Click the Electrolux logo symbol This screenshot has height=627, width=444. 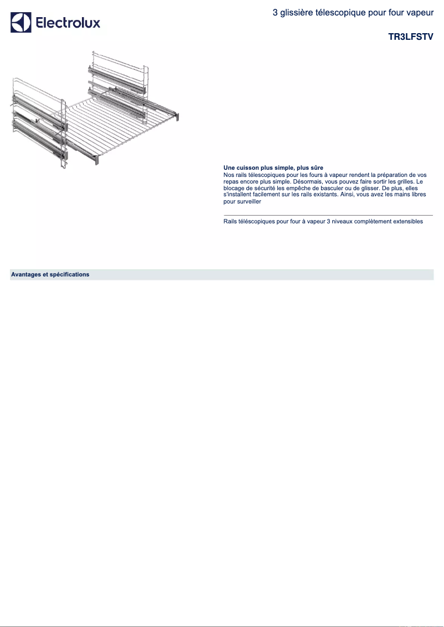point(20,23)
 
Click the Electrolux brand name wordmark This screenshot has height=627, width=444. point(68,23)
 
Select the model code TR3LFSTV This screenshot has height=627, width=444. point(411,36)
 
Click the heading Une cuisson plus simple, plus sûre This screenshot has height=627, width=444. point(273,167)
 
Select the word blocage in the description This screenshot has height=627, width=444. point(233,188)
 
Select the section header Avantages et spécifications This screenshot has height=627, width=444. point(50,274)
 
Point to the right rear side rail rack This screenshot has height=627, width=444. point(117,83)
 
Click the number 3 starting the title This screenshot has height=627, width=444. point(275,12)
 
